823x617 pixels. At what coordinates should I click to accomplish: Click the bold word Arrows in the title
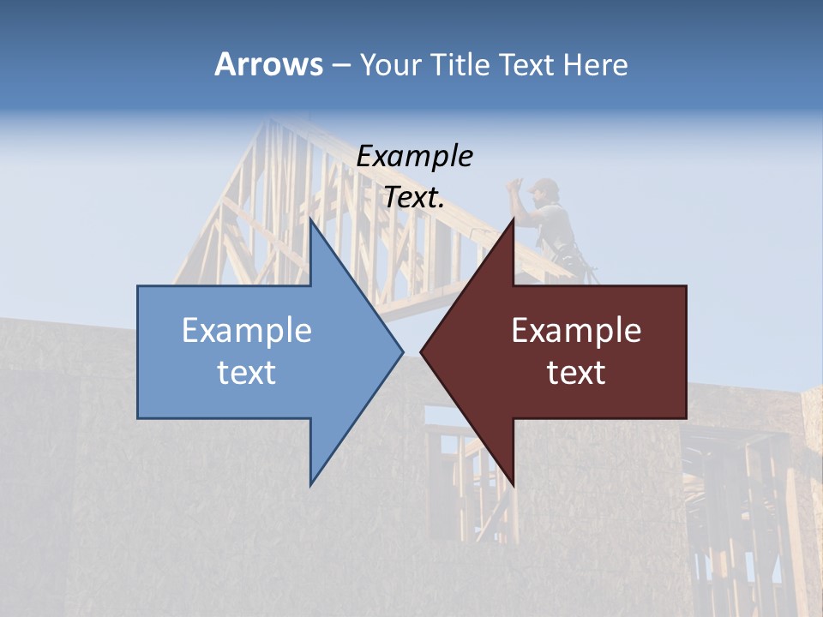pos(268,64)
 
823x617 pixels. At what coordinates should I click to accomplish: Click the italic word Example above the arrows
pos(414,156)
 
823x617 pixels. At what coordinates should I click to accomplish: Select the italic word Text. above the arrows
pos(414,198)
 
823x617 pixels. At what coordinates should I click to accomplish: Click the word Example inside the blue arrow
pos(247,331)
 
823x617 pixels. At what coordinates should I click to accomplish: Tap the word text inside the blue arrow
pos(247,373)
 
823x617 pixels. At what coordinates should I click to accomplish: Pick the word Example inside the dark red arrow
pos(576,331)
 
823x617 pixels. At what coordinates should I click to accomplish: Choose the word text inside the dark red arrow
pos(576,373)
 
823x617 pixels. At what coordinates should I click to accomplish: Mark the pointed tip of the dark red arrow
pos(422,351)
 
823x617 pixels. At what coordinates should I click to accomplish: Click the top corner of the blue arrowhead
pos(311,219)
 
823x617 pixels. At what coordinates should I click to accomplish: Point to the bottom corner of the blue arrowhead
pos(311,484)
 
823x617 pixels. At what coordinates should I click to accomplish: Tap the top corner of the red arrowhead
pos(513,219)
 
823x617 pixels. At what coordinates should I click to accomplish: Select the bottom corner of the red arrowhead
pos(513,484)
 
